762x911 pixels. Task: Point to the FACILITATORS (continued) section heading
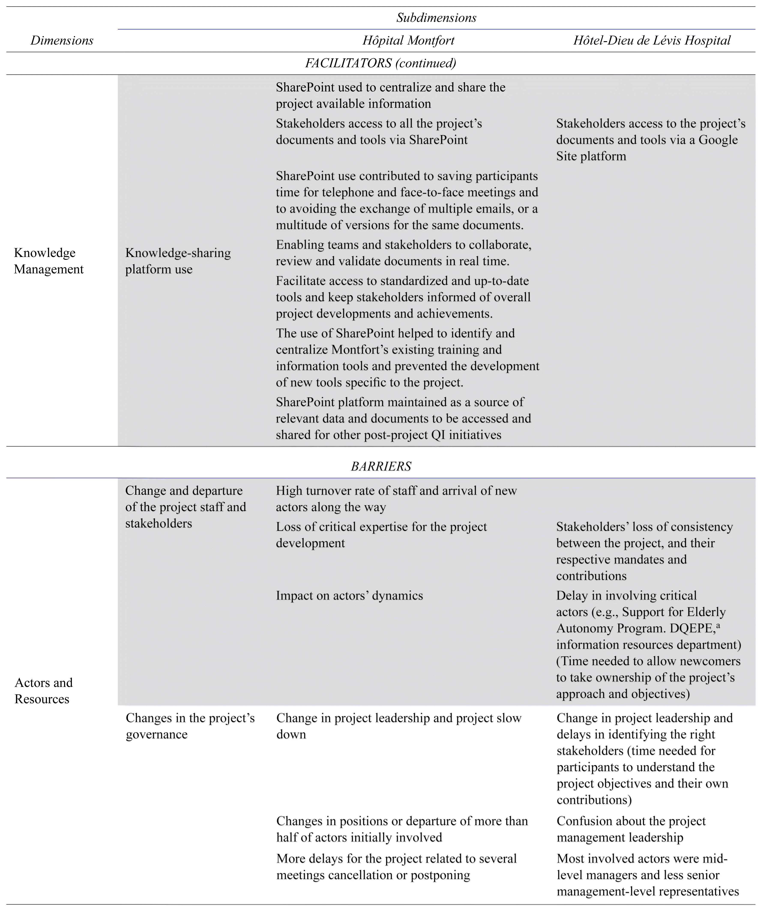click(x=380, y=63)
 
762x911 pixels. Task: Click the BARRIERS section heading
click(x=380, y=466)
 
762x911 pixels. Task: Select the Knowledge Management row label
click(x=49, y=261)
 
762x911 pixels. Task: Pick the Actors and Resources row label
click(x=43, y=691)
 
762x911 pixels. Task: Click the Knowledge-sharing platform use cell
click(x=178, y=261)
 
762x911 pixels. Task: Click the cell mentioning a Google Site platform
click(x=650, y=140)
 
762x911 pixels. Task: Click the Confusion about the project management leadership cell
click(x=631, y=829)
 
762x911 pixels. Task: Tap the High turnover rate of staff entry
click(x=396, y=499)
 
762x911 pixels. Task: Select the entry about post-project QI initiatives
click(x=403, y=418)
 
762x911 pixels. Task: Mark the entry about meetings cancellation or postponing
click(x=396, y=867)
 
